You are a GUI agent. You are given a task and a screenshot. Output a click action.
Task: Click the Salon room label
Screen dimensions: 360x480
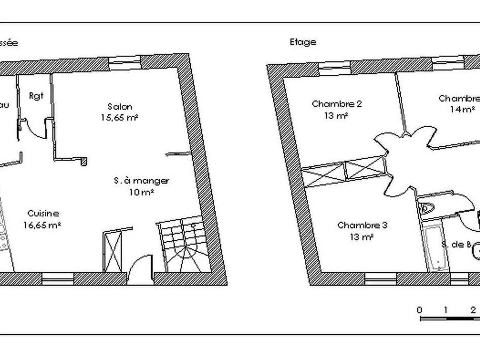[x=120, y=106]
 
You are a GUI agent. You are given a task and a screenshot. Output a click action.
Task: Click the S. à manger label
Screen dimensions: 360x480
[x=141, y=181]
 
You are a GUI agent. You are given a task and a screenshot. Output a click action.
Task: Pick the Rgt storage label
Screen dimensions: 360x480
[x=36, y=96]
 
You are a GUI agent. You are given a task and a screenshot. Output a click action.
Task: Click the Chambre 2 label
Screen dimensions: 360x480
[x=337, y=104]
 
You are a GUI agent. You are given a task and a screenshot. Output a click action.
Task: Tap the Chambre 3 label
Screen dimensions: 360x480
[x=362, y=225]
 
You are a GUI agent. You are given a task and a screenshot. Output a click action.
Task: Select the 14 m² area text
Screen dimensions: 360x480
[x=463, y=109]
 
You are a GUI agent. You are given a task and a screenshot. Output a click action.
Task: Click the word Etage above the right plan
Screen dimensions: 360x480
[x=303, y=42]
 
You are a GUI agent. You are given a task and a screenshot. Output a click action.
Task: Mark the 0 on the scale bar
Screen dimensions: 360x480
[x=419, y=310]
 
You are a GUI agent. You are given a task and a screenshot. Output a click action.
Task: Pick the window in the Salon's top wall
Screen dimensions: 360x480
[x=124, y=60]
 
